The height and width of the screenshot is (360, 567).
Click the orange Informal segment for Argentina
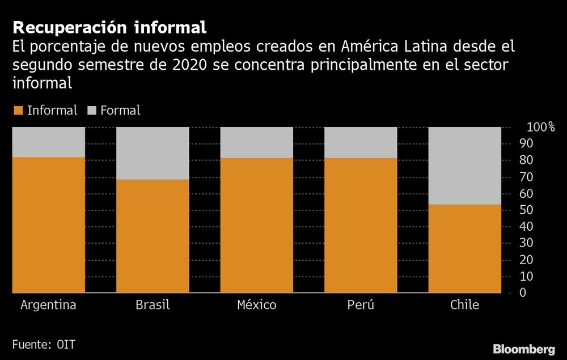tap(49, 225)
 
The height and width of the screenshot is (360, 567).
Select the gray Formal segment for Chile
tap(464, 166)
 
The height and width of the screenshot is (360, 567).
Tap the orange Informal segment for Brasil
tap(153, 236)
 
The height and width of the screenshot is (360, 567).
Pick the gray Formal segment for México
tap(256, 142)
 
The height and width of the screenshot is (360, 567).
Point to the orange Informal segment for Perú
tap(361, 225)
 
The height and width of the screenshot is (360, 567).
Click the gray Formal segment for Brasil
tap(153, 153)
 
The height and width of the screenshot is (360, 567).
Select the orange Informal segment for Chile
tap(464, 248)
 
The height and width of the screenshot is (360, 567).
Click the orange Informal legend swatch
tap(18, 111)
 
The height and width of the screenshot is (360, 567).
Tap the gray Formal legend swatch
tap(92, 111)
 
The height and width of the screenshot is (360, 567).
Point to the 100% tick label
tap(541, 127)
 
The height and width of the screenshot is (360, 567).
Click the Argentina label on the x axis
tap(49, 305)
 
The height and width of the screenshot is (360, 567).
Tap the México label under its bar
tap(256, 305)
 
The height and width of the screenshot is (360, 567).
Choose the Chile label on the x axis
tap(464, 305)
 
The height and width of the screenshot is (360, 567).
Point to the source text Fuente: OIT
tap(44, 344)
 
